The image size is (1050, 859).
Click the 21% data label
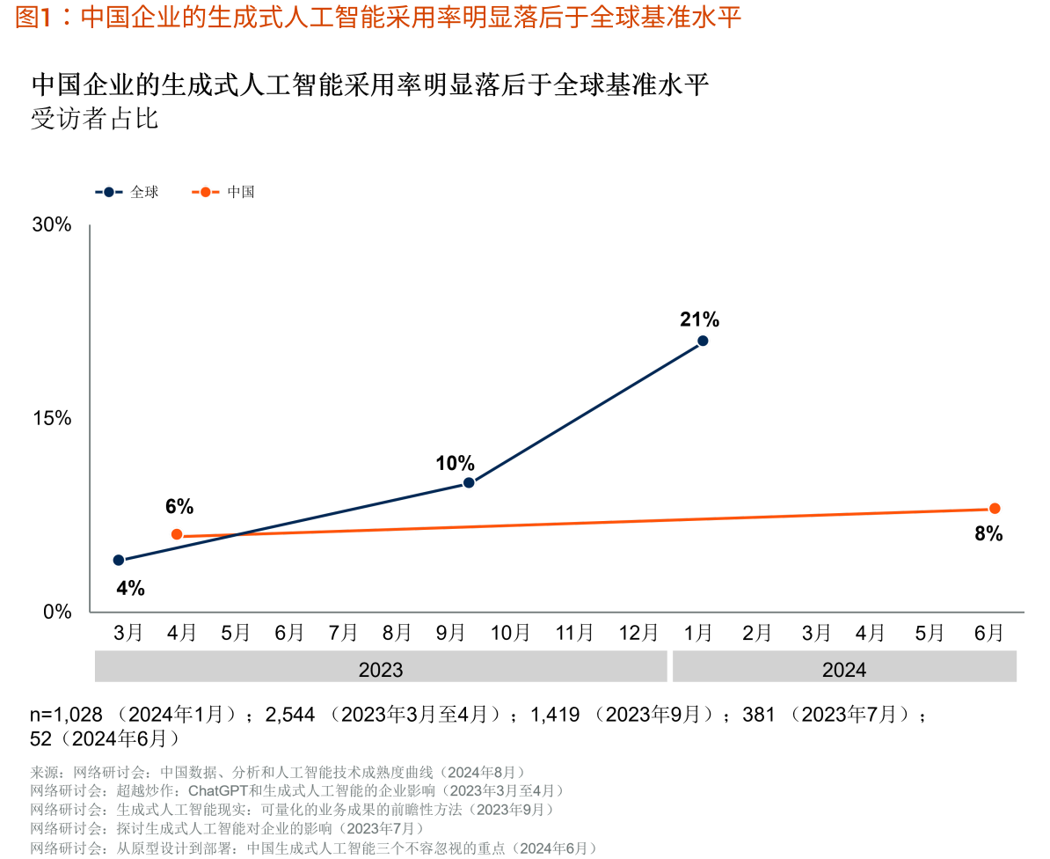coord(699,319)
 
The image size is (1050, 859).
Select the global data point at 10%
coord(469,482)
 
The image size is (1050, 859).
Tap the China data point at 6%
coord(177,534)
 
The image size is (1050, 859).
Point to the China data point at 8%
coord(995,508)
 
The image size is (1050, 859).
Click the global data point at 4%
coord(119,560)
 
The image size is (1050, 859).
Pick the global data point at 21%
coord(703,341)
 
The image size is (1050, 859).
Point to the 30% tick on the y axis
coord(52,224)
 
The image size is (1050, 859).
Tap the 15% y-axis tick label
coord(52,418)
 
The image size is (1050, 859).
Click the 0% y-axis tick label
coord(57,612)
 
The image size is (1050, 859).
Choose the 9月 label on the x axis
coord(451,633)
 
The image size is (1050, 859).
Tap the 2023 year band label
coord(381,670)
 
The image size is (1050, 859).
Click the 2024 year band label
coord(843,670)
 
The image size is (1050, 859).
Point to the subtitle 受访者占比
coord(95,119)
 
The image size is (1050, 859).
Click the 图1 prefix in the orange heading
coord(31,18)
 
